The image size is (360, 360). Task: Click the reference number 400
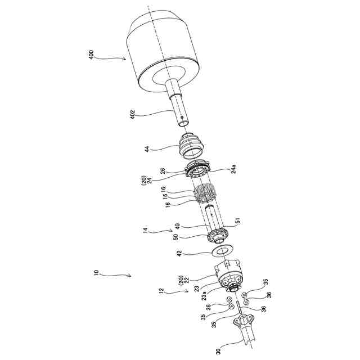pyautogui.click(x=91, y=55)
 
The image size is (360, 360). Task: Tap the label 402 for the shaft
pyautogui.click(x=133, y=115)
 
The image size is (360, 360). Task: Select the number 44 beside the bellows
pyautogui.click(x=147, y=148)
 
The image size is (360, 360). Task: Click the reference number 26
pyautogui.click(x=163, y=171)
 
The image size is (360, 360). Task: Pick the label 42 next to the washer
pyautogui.click(x=179, y=253)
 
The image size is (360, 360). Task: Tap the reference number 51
pyautogui.click(x=238, y=220)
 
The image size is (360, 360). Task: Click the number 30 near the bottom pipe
pyautogui.click(x=218, y=352)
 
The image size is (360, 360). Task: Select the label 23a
pyautogui.click(x=204, y=296)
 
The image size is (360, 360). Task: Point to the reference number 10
pyautogui.click(x=96, y=272)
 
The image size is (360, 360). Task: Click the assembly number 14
pyautogui.click(x=145, y=231)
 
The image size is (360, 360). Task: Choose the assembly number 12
pyautogui.click(x=161, y=291)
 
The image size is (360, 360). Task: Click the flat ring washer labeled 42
pyautogui.click(x=223, y=251)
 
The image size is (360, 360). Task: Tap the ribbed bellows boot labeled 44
pyautogui.click(x=191, y=146)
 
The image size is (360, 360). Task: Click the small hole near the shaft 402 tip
pyautogui.click(x=182, y=118)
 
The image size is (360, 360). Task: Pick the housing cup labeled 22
pyautogui.click(x=228, y=275)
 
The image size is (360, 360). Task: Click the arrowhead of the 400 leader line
pyautogui.click(x=125, y=59)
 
